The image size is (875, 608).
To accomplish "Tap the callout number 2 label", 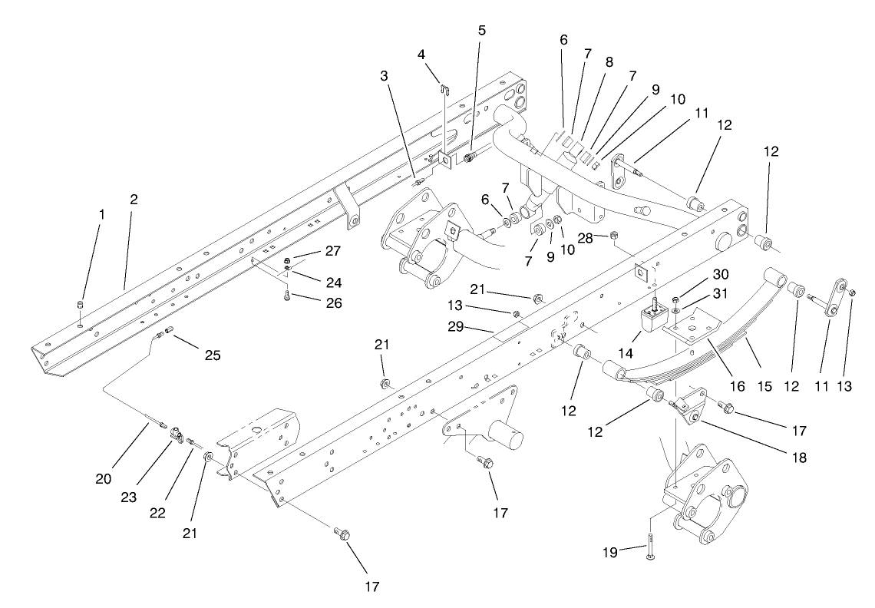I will (134, 199).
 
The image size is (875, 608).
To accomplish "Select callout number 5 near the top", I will (481, 31).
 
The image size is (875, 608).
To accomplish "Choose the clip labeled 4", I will (443, 79).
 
